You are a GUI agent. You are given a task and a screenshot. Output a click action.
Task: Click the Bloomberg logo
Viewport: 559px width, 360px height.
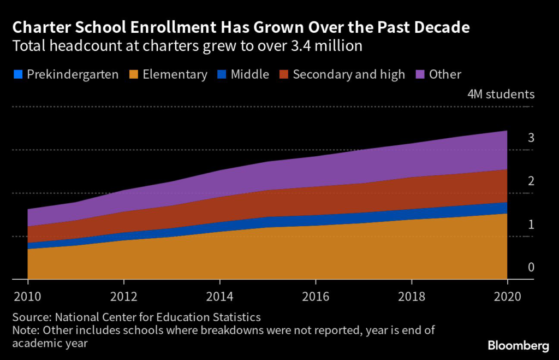(518, 346)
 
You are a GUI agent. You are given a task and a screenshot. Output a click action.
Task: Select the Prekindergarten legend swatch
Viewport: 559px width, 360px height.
(17, 74)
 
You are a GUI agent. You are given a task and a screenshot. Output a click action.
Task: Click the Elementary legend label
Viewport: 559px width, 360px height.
(175, 74)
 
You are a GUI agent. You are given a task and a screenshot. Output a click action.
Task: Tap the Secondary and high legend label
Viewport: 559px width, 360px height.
(349, 74)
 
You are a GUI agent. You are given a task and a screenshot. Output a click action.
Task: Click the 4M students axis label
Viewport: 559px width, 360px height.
(501, 94)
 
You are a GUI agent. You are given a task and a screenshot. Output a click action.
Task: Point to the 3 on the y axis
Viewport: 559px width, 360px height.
(531, 138)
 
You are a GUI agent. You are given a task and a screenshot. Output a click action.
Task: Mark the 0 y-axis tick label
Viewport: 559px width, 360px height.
(531, 267)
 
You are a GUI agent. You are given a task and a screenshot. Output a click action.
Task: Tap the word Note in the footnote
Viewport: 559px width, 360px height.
(25, 330)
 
